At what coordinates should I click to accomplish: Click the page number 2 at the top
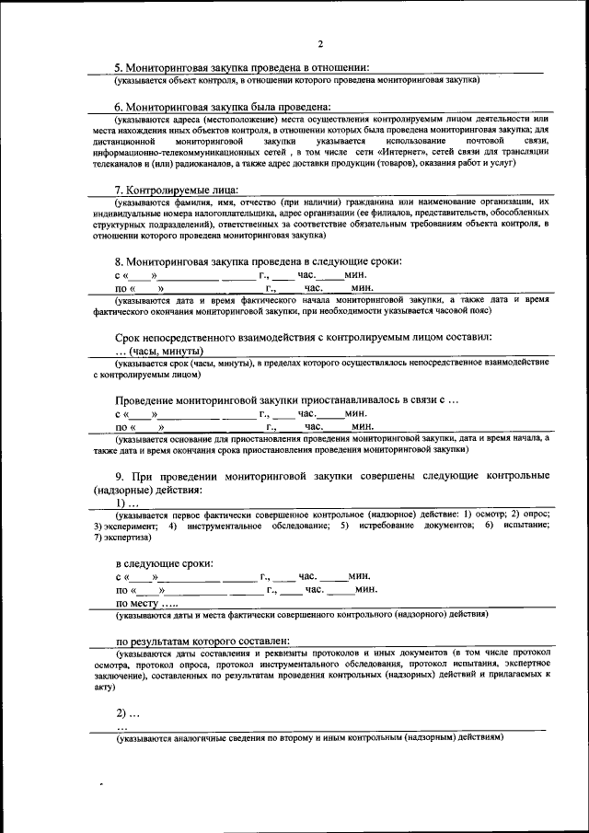320,43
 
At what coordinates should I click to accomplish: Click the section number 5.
119,67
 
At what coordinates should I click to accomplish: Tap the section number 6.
119,107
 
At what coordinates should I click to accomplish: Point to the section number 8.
119,261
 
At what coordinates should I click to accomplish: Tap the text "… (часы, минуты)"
159,352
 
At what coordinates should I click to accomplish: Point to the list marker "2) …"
127,713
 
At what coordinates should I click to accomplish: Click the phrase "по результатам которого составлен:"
202,641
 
